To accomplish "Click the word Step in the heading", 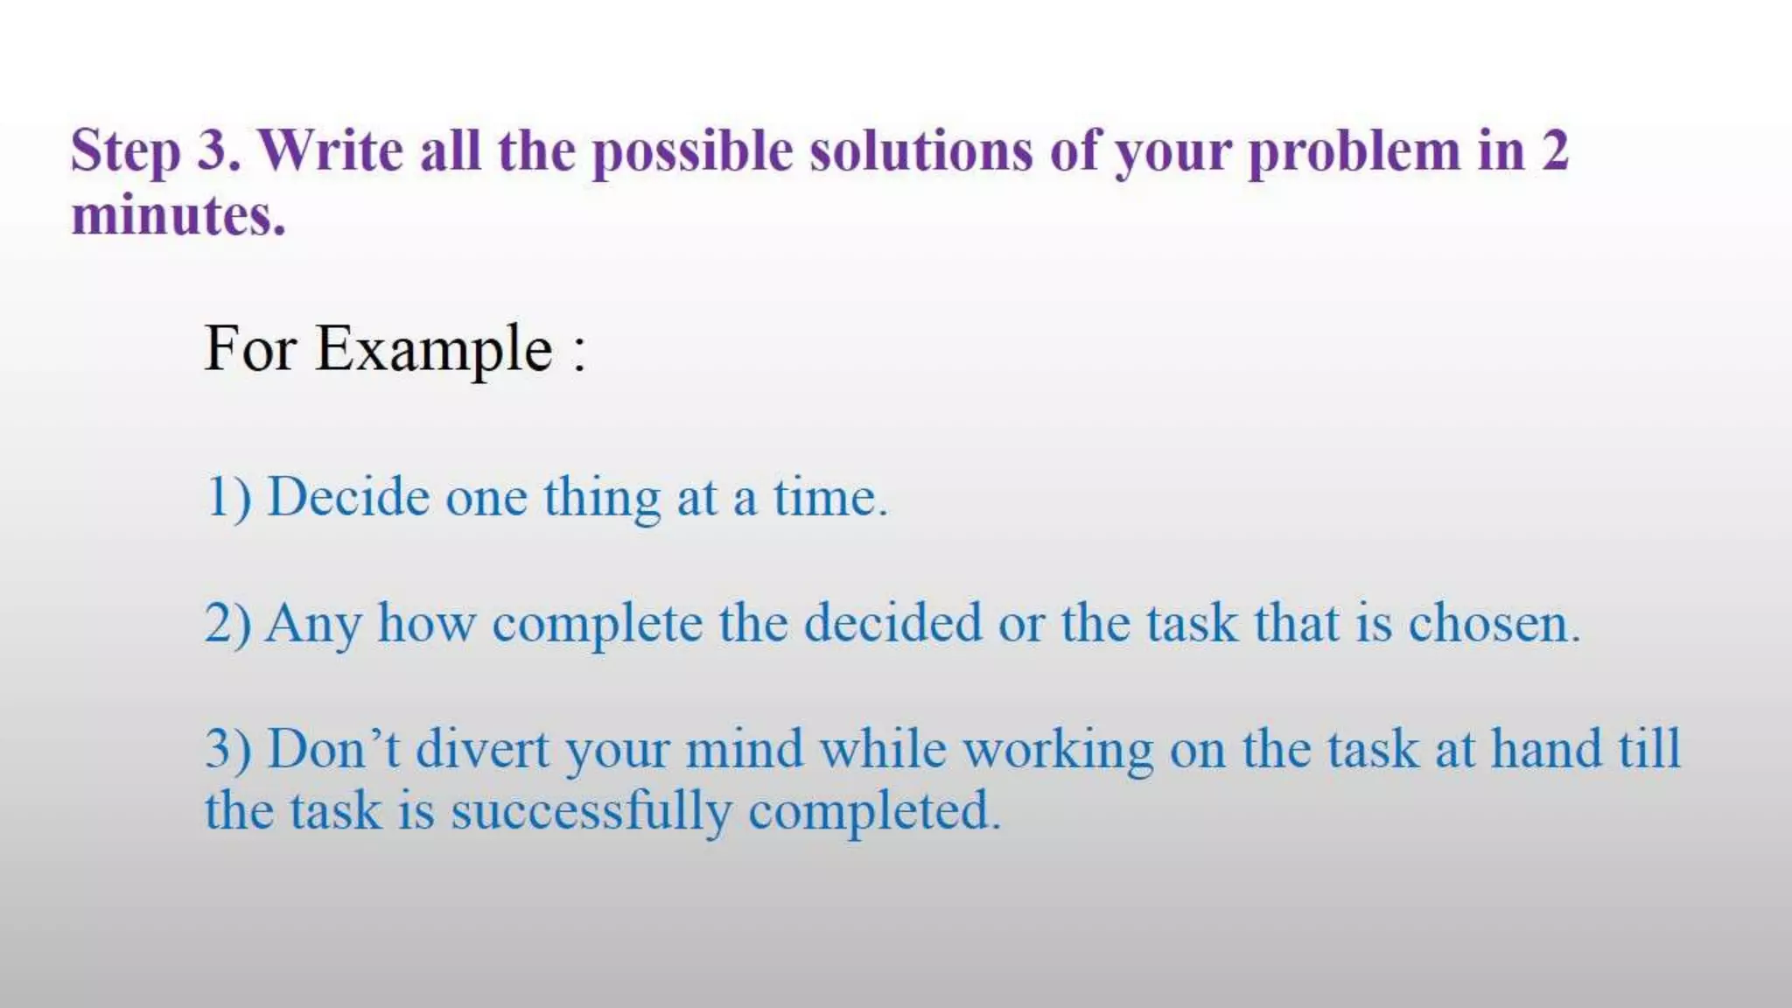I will point(126,152).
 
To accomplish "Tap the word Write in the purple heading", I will point(332,150).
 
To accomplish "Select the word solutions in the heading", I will point(920,150).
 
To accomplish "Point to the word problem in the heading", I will point(1354,152).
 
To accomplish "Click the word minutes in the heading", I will point(177,215).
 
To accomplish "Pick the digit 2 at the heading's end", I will point(1554,150).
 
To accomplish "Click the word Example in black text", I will point(434,350).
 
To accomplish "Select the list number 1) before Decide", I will point(228,498).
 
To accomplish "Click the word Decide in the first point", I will point(348,497).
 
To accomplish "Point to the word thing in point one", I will point(602,499).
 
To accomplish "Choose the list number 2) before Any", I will point(228,624).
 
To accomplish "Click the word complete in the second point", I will point(598,625).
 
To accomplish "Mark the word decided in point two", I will point(892,623).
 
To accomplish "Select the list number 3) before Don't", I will point(228,750).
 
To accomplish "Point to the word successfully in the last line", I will point(591,811).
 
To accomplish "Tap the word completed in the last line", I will point(873,812).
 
